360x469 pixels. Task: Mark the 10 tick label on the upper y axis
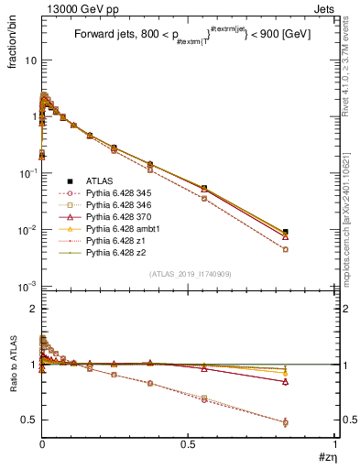[30, 60]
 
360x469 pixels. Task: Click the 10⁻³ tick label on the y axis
[27, 287]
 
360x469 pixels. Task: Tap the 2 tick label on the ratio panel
[33, 309]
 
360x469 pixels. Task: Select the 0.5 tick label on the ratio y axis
[28, 420]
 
